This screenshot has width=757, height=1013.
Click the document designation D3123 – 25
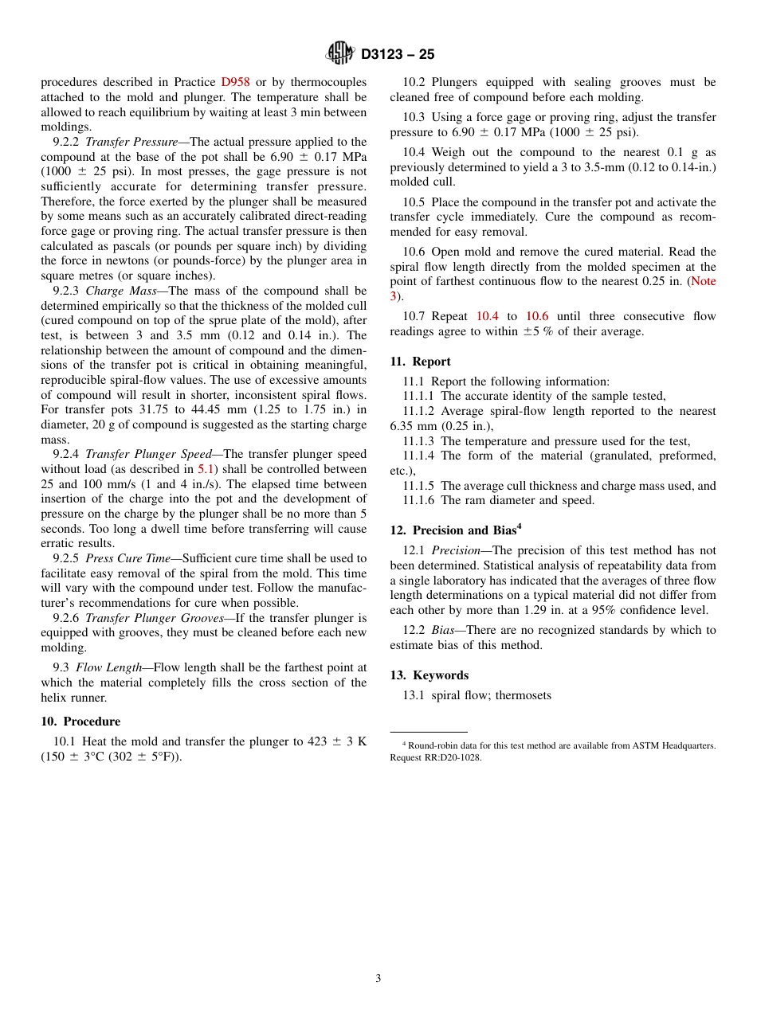[398, 55]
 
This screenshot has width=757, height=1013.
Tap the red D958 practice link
[235, 82]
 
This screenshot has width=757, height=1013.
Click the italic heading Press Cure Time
[122, 558]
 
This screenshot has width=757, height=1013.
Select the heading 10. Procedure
[80, 722]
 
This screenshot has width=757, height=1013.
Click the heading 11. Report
[420, 362]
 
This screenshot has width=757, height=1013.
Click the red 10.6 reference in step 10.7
[536, 316]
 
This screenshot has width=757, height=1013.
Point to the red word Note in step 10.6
[702, 281]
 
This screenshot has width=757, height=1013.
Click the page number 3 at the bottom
[378, 979]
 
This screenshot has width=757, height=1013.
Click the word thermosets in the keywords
[523, 695]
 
